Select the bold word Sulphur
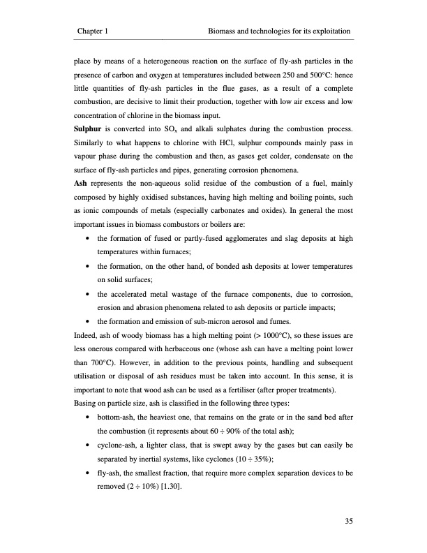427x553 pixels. [x=89, y=129]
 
